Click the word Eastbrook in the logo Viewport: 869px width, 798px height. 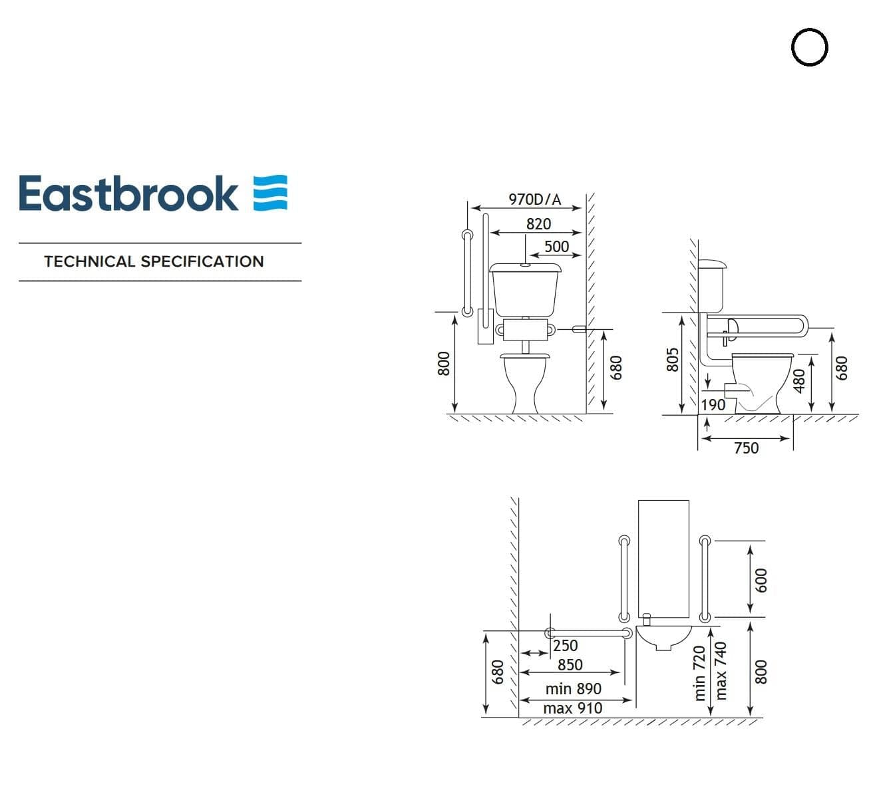tap(128, 194)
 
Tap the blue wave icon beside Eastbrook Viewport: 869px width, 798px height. tap(270, 194)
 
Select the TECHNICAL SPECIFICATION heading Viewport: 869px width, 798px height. tap(154, 261)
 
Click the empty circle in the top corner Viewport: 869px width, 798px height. tap(810, 48)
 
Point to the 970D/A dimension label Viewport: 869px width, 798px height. tap(534, 199)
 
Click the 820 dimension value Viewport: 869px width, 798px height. tap(538, 224)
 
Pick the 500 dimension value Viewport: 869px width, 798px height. tap(556, 247)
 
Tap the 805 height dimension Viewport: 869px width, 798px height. tap(673, 361)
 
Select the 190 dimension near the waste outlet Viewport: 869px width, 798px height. tap(713, 404)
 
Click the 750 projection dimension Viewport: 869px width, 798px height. tap(746, 448)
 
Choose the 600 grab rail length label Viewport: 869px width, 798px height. tap(762, 580)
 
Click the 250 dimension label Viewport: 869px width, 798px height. tap(565, 646)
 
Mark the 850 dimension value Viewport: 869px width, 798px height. tap(570, 665)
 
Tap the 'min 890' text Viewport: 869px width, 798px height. tap(573, 689)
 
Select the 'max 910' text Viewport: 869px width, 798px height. tap(572, 708)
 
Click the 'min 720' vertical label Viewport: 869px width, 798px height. tap(699, 673)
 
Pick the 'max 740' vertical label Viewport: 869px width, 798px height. tap(721, 670)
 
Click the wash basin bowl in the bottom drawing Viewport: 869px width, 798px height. tap(665, 637)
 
